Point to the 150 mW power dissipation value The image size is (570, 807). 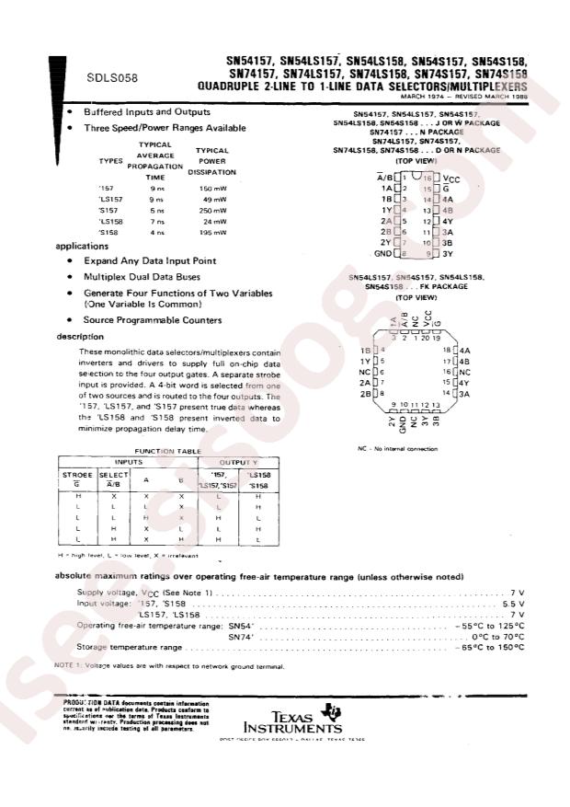click(211, 187)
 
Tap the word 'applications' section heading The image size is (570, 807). click(85, 247)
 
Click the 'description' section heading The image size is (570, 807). click(80, 337)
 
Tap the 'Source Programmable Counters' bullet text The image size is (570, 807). click(152, 320)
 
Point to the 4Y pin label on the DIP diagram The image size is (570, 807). click(448, 221)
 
